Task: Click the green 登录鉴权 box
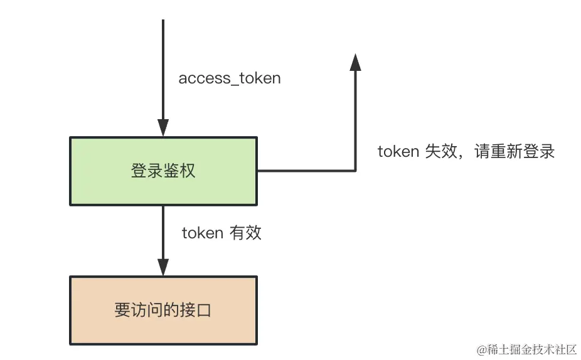(163, 171)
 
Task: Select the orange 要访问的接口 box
(163, 310)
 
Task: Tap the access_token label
(230, 78)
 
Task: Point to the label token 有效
(221, 233)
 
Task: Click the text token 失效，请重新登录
(466, 152)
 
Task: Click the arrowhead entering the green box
(163, 129)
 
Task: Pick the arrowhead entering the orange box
(163, 267)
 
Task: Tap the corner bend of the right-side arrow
(355, 171)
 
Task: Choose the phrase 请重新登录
(514, 152)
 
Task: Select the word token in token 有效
(202, 233)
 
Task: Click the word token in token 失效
(398, 152)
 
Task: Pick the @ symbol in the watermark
(482, 349)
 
